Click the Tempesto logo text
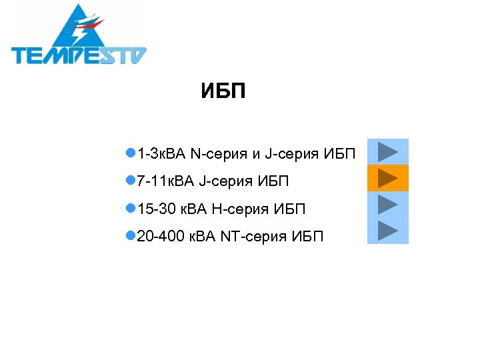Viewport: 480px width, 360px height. pos(79,55)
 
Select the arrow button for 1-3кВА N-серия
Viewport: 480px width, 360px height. pos(387,152)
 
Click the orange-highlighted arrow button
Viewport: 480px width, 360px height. pos(387,178)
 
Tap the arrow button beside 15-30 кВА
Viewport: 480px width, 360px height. pos(387,204)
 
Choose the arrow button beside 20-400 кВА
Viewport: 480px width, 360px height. pos(387,230)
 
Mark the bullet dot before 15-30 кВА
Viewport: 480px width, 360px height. pos(130,209)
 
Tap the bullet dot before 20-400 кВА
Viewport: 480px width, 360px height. pos(130,235)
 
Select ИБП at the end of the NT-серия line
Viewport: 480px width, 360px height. pos(307,236)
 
